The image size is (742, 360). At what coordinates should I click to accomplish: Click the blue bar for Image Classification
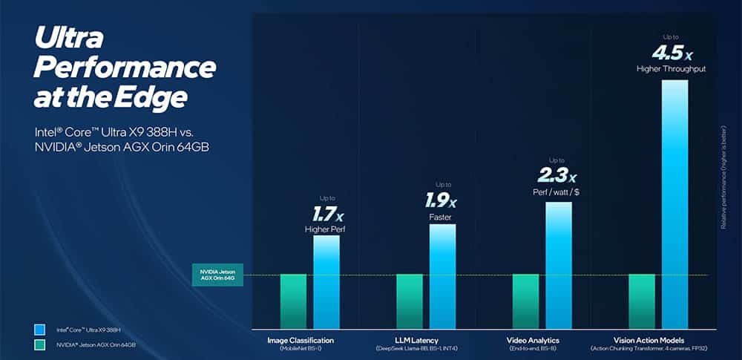coord(326,282)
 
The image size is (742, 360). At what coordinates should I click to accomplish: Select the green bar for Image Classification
coord(293,301)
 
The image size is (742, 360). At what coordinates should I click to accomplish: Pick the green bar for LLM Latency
coord(410,301)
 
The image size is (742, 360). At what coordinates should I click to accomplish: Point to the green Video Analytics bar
coord(525,301)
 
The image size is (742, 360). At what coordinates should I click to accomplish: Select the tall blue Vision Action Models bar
coord(674,204)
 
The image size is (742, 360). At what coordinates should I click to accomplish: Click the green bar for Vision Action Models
coord(642,301)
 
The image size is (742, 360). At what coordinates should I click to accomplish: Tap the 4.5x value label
coord(672,53)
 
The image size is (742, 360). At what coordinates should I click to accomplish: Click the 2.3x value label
coord(556,175)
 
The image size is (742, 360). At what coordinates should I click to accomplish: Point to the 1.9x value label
coord(441,200)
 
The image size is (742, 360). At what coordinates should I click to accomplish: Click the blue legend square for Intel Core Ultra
coord(40,329)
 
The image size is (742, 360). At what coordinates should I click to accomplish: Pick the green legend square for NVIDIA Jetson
coord(40,344)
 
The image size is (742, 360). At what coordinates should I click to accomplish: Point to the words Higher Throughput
coord(672,69)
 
